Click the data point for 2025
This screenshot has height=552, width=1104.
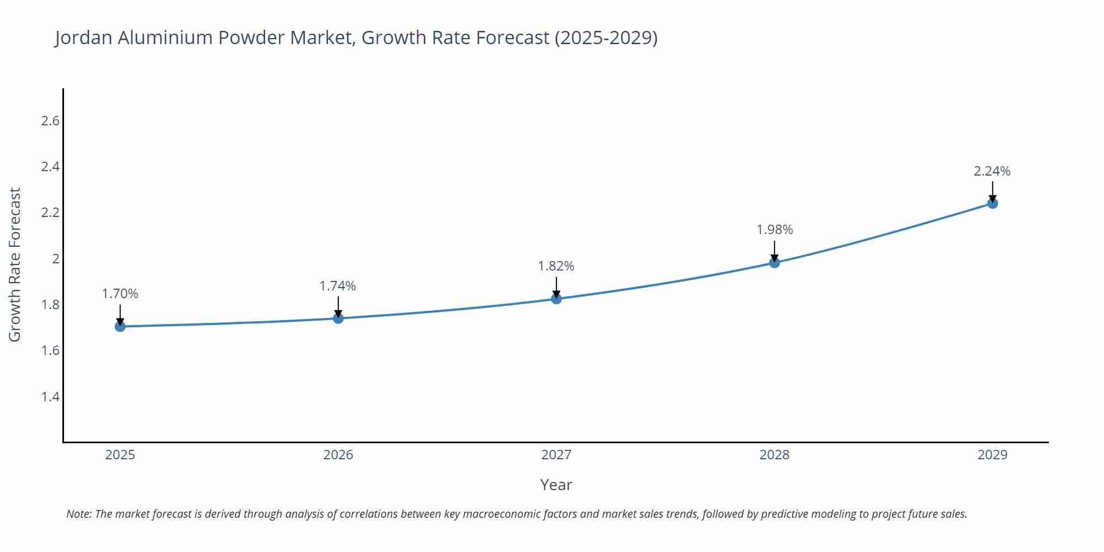[x=120, y=326]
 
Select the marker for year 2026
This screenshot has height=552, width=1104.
[x=338, y=318]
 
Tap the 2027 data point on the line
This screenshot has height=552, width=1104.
[x=556, y=299]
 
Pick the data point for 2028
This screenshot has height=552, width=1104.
[x=774, y=262]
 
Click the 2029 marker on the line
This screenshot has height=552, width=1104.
[x=992, y=203]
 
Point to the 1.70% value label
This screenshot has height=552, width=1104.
[x=120, y=294]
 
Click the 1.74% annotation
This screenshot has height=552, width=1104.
[x=338, y=286]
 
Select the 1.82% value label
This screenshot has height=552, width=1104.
[x=556, y=266]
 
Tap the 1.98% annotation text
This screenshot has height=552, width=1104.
[x=774, y=230]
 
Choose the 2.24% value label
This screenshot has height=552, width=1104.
[x=992, y=171]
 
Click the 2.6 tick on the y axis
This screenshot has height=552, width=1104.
[x=50, y=121]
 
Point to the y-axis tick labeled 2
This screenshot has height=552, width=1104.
[x=55, y=259]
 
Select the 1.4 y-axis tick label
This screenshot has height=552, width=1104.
[x=50, y=396]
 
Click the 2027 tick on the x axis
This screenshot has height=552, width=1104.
[x=556, y=455]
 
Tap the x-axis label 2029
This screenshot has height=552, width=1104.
[x=992, y=455]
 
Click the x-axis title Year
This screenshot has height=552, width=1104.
[x=556, y=485]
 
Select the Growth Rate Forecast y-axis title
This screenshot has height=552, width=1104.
[x=15, y=264]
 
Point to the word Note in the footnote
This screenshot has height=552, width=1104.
[x=78, y=514]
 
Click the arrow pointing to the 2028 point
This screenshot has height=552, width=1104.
[x=774, y=251]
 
